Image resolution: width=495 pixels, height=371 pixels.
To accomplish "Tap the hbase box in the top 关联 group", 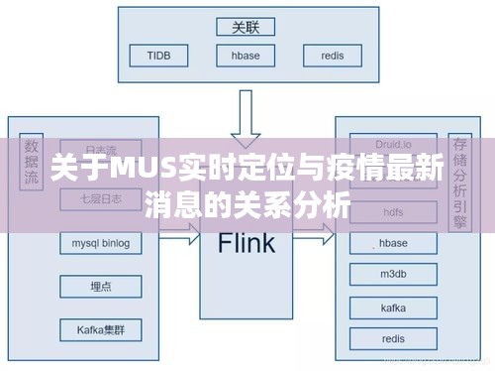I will [x=246, y=57].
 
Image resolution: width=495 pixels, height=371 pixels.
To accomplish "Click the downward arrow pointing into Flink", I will [x=246, y=119].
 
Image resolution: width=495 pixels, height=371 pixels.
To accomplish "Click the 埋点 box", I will [x=101, y=286].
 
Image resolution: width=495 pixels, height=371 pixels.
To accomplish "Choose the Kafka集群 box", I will [x=101, y=328].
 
